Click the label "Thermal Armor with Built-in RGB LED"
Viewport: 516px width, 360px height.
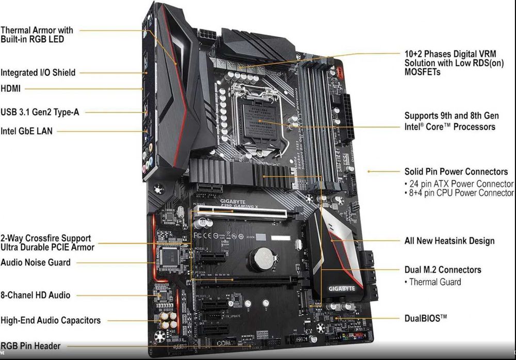click(37, 35)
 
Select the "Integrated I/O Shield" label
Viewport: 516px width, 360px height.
click(38, 73)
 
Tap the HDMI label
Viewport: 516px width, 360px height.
click(11, 88)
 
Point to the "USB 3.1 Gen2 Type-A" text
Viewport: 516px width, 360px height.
click(40, 112)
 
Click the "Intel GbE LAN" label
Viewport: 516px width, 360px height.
click(26, 131)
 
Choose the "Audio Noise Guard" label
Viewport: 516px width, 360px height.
click(36, 262)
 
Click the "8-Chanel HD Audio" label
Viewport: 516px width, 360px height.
click(36, 295)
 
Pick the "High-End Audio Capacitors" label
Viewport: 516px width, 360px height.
click(51, 320)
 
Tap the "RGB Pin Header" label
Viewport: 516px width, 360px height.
click(30, 346)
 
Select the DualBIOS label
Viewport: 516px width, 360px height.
click(426, 318)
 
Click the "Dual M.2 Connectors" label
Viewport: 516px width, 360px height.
click(443, 270)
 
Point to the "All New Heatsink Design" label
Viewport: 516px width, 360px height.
click(449, 241)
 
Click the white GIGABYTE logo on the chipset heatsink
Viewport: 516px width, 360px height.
click(341, 288)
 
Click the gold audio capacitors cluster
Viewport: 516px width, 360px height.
click(167, 319)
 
